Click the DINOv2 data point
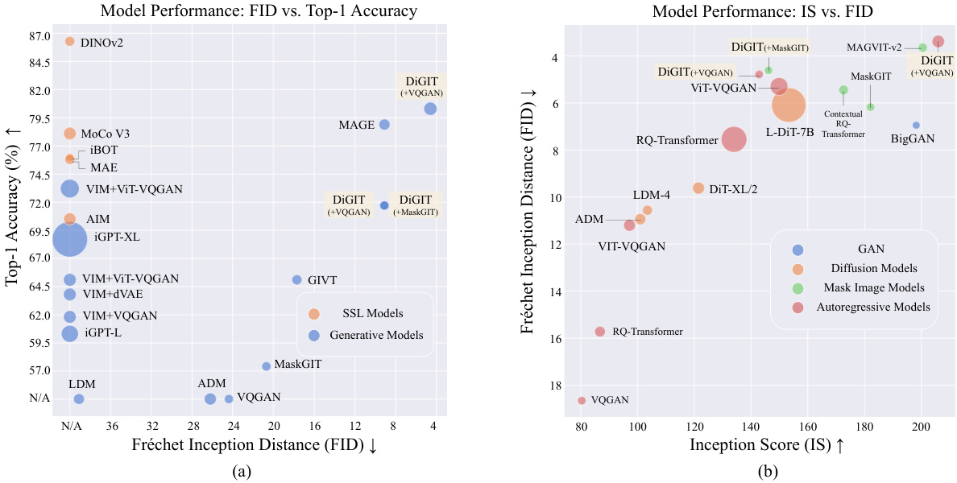(x=69, y=41)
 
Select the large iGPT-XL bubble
(x=70, y=239)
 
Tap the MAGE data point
(x=384, y=124)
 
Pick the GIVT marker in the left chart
(x=296, y=279)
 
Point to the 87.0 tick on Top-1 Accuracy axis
(x=38, y=36)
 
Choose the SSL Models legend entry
(x=372, y=313)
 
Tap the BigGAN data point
(x=916, y=125)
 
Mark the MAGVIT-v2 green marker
(x=922, y=47)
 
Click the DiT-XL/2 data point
(x=698, y=188)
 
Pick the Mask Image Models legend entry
(x=873, y=287)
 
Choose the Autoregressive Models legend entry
(x=873, y=307)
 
